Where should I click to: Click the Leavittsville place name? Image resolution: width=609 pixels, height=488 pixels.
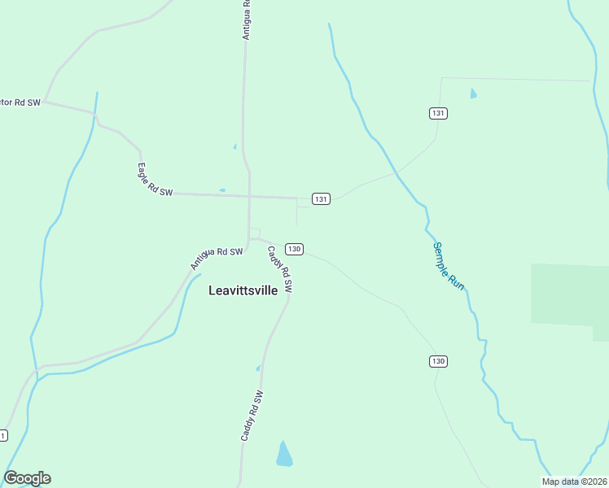tap(243, 290)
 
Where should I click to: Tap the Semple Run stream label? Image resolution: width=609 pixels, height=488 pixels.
tap(448, 267)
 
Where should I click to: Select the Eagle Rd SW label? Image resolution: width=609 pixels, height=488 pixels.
tap(155, 180)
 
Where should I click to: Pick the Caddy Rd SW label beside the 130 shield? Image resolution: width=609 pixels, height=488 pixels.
tap(279, 269)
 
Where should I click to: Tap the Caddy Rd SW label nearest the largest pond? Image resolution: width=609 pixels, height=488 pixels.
tap(252, 416)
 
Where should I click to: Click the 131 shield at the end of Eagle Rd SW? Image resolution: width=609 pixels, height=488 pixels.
tap(321, 199)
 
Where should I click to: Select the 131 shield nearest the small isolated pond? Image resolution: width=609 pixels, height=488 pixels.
tap(438, 113)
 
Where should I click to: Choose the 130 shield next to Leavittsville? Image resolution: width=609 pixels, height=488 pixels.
tap(294, 249)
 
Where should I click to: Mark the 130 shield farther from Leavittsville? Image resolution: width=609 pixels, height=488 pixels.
tap(438, 360)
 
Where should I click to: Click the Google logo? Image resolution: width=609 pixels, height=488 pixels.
tap(27, 478)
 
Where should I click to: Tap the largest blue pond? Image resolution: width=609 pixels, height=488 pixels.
tap(283, 455)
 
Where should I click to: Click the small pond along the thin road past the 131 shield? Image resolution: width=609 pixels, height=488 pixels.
tap(473, 94)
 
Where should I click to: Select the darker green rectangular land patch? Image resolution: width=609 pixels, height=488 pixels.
tap(569, 294)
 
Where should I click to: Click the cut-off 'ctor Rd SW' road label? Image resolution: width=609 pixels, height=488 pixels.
tap(20, 102)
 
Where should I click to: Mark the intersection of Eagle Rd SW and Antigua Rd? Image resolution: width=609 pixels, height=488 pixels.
tap(249, 196)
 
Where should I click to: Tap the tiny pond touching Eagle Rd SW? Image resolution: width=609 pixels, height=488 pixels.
tap(221, 190)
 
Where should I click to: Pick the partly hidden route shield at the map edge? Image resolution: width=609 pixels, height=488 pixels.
tap(3, 436)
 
